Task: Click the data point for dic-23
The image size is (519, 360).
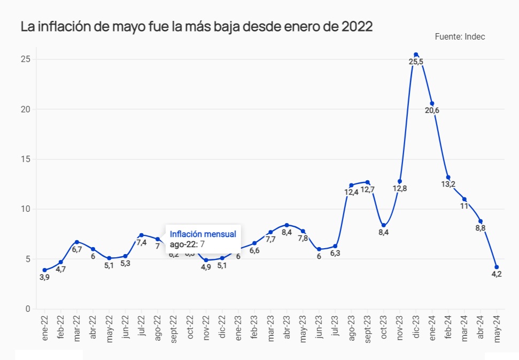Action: coord(416,55)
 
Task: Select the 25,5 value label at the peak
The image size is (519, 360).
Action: coord(416,62)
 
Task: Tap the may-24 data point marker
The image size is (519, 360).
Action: coord(497,267)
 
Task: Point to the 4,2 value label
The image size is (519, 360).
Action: coord(497,274)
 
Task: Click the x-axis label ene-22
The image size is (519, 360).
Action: coord(44,327)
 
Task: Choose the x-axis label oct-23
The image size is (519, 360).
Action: coord(383,327)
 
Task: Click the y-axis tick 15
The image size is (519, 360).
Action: coord(25,159)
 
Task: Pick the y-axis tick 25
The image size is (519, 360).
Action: coord(25,59)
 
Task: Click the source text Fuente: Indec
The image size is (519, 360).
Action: coord(460,36)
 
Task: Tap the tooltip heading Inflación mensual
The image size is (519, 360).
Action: coord(203,234)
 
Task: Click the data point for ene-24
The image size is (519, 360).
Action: coord(432,103)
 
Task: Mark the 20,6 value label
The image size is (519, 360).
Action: coord(432,111)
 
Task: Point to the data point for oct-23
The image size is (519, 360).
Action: coord(383,225)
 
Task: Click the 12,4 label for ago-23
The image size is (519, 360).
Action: coord(351,192)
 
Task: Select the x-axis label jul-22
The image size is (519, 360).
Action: coord(141,327)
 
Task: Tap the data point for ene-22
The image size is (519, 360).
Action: coord(44,270)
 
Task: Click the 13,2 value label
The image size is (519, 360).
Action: coord(448,185)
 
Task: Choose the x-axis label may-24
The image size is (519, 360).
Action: coord(497,327)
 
